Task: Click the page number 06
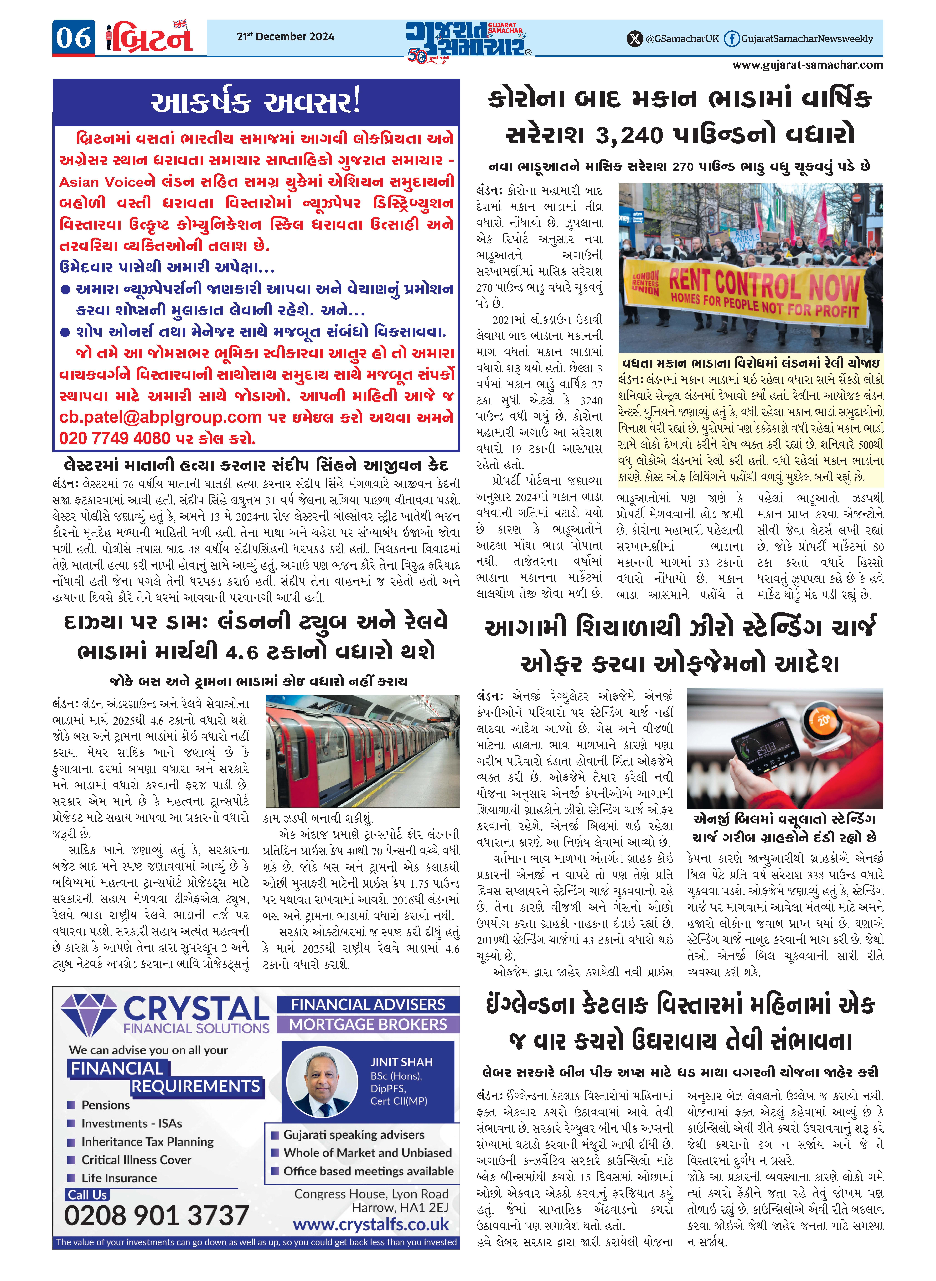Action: pos(74,39)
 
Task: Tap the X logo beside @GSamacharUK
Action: pos(635,39)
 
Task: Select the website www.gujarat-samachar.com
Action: pos(807,65)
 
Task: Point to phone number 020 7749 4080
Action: pos(115,438)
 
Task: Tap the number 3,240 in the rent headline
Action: pos(629,135)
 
